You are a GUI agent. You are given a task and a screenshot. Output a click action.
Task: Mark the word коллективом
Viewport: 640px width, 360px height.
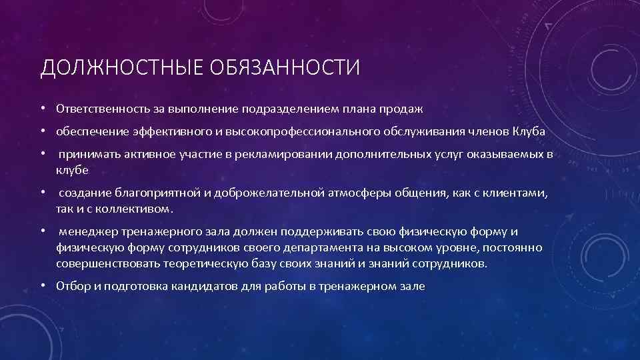[137, 209]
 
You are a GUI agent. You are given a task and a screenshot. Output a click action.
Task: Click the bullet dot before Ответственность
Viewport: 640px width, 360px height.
[42, 108]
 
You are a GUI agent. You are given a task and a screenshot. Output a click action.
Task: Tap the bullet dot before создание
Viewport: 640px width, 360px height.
[42, 193]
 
